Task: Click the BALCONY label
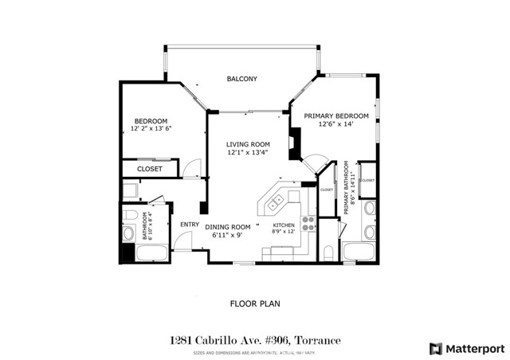point(242,78)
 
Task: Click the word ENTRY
point(189,224)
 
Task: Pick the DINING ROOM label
point(229,227)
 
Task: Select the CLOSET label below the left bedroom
point(150,169)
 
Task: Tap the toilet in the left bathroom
point(127,233)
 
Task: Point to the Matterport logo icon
point(435,348)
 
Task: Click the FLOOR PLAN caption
point(254,303)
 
